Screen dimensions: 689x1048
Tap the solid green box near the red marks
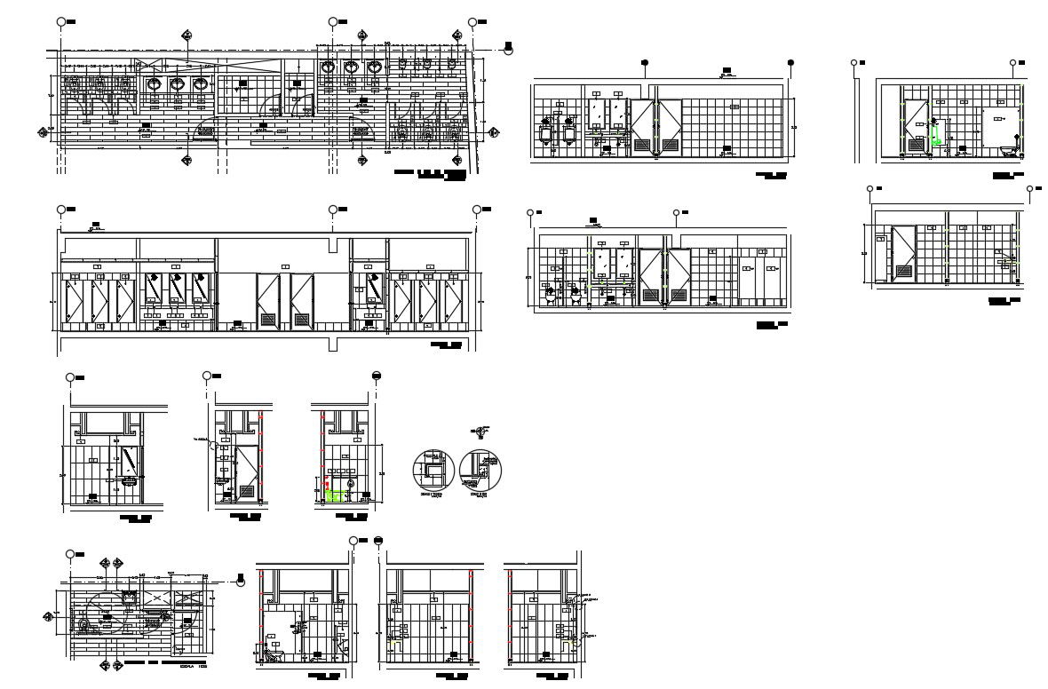click(336, 495)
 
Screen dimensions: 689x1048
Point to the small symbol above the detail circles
click(480, 432)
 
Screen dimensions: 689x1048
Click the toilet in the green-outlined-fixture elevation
click(1007, 148)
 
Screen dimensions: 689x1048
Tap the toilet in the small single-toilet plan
click(87, 625)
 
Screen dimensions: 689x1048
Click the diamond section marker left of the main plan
click(43, 132)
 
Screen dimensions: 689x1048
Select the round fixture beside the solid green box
click(351, 484)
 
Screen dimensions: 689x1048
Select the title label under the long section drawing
click(447, 345)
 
